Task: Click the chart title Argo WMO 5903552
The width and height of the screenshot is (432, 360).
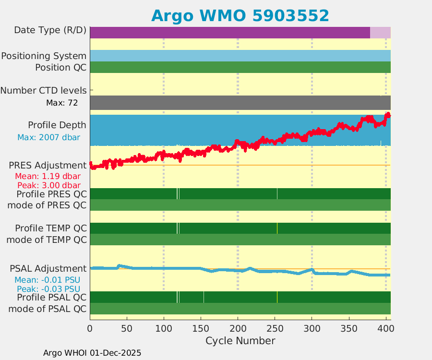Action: click(240, 16)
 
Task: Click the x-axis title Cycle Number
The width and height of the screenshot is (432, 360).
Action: click(240, 341)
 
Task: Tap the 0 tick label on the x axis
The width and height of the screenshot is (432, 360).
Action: click(90, 328)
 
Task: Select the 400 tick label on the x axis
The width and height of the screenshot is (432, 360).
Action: click(385, 328)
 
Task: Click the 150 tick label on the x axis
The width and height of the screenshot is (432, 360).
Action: click(201, 328)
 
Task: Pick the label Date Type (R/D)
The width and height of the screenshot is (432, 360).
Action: click(50, 30)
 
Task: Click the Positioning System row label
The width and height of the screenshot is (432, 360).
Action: click(44, 56)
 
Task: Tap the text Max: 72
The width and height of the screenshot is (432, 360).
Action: click(62, 103)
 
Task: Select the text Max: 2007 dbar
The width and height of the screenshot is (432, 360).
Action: click(48, 137)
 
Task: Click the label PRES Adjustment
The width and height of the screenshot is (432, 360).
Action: click(48, 166)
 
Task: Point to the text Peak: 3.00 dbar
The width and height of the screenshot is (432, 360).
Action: click(48, 185)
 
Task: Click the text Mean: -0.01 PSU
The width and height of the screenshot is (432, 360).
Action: click(48, 280)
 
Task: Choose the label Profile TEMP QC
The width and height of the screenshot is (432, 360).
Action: click(51, 228)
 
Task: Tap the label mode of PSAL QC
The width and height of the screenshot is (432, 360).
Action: click(48, 308)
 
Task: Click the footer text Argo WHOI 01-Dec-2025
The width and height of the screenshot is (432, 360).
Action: click(92, 353)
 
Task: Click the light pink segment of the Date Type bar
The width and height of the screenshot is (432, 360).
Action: click(380, 33)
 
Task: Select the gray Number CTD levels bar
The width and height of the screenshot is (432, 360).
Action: click(240, 103)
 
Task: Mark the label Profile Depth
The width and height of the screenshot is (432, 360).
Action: click(57, 125)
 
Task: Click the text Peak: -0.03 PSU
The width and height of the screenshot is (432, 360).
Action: click(48, 289)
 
